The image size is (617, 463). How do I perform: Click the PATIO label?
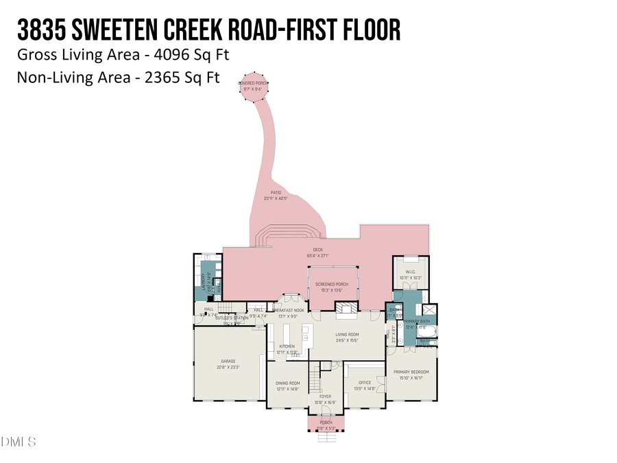coord(275,193)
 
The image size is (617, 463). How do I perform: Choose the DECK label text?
coord(317,250)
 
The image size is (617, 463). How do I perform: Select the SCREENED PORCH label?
coord(332,284)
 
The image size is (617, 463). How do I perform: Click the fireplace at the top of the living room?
coord(348,309)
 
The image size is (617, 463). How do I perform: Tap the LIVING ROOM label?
coord(348,335)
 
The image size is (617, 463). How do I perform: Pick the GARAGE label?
coord(228,361)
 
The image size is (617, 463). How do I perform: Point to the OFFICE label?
coord(365,383)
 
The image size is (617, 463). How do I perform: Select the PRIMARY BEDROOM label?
coord(410,372)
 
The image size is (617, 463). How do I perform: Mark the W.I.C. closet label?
coord(411,272)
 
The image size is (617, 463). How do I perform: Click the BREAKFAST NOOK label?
coord(288,311)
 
